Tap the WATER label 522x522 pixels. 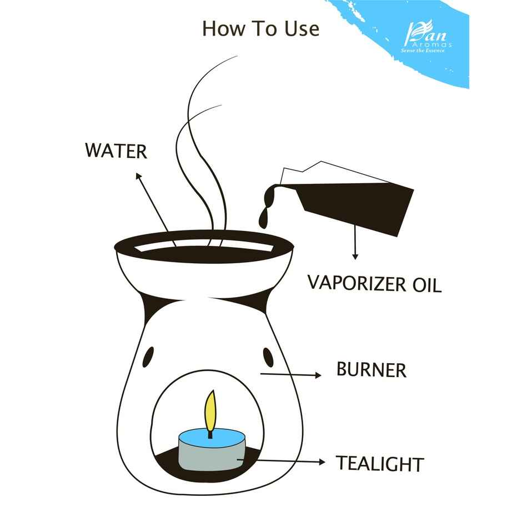(x=116, y=150)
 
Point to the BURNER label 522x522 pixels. (x=371, y=370)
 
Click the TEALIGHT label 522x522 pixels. (x=380, y=463)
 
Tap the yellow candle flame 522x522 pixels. (x=210, y=411)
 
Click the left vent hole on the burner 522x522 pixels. (x=149, y=357)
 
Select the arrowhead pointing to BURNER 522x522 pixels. (x=318, y=375)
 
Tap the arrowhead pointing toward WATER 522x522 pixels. (x=138, y=177)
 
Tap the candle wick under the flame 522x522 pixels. (x=210, y=433)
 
